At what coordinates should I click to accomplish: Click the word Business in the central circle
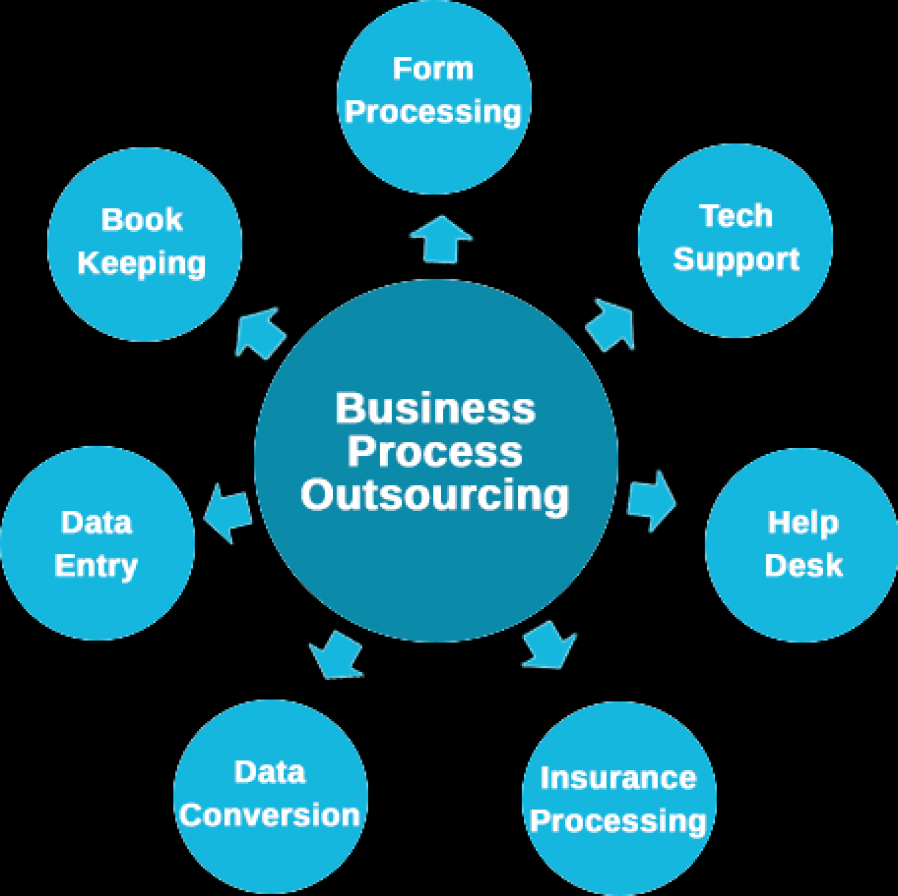tap(435, 408)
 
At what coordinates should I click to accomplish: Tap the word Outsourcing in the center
tap(435, 495)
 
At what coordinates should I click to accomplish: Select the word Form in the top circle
tap(433, 69)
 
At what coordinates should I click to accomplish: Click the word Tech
tap(736, 216)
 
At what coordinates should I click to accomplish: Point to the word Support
tap(736, 259)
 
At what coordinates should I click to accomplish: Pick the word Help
tap(803, 523)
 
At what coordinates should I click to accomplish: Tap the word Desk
tap(803, 565)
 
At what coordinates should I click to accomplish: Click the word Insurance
tap(618, 778)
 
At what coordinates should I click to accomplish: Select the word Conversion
tap(269, 815)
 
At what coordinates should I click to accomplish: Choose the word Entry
tap(96, 566)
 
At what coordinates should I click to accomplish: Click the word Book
tap(142, 220)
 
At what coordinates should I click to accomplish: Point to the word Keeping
tap(141, 264)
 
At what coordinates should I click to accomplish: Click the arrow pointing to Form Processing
tap(441, 240)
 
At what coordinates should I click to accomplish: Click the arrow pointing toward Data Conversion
tap(336, 656)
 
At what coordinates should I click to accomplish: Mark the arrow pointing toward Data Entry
tap(229, 511)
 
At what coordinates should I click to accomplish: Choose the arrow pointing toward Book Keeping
tap(259, 333)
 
